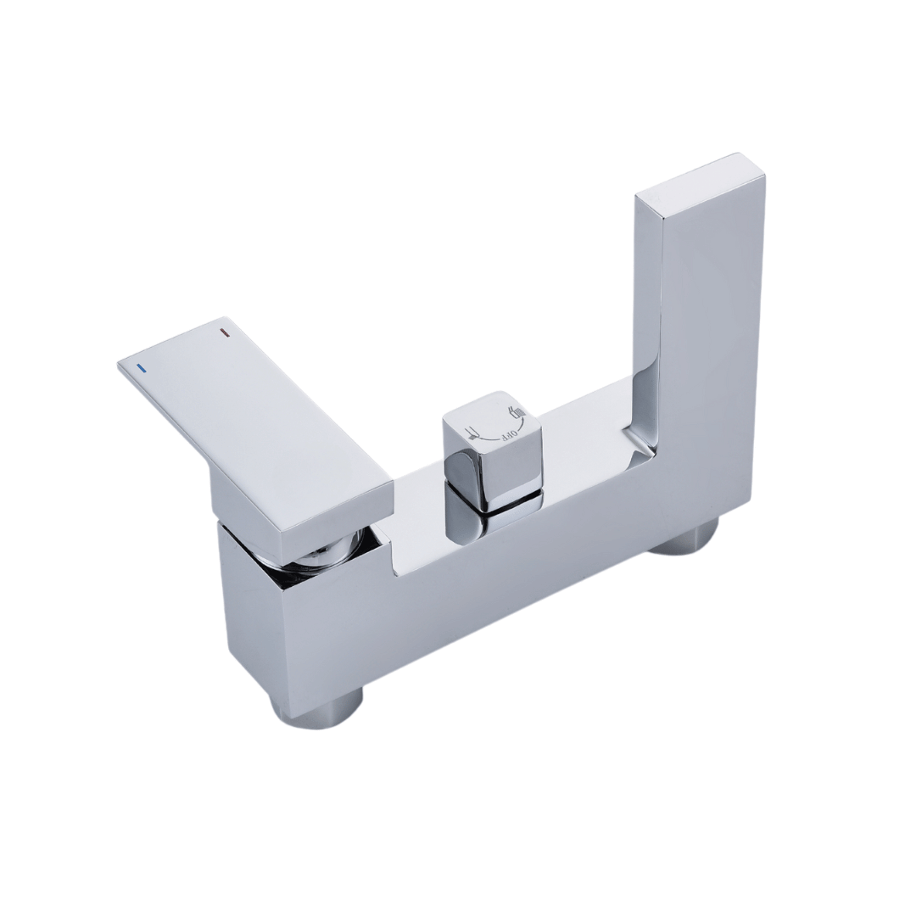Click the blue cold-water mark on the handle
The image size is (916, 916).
(x=140, y=368)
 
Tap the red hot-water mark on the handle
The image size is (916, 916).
(x=223, y=333)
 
